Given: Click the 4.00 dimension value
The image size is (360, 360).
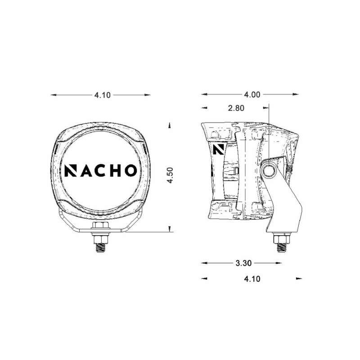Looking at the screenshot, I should tap(252, 95).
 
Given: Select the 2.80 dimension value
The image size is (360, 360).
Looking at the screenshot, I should tap(236, 108).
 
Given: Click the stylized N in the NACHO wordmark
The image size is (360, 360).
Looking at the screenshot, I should tap(70, 170).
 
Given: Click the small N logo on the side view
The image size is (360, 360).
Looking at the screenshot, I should tap(219, 148).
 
